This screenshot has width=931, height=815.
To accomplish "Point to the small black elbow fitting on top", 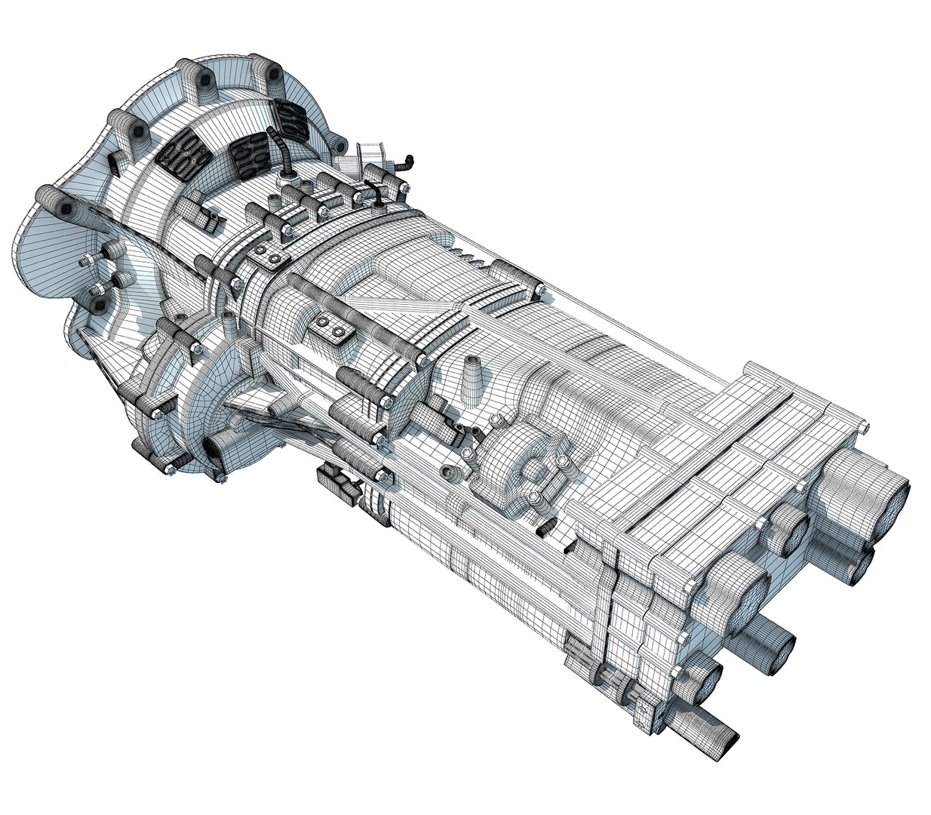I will click(407, 161).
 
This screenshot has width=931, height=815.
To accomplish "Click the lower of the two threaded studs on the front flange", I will click(99, 291).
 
